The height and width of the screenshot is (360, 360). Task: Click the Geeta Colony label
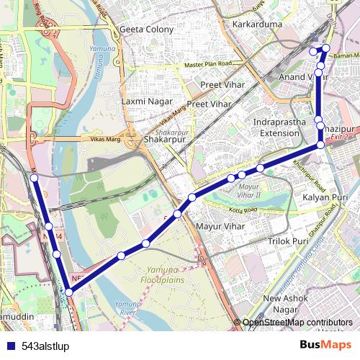point(147,30)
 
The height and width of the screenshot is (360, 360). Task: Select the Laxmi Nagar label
point(146,102)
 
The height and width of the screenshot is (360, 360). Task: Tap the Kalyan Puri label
point(325,197)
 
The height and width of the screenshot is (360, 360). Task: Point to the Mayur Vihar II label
point(249,191)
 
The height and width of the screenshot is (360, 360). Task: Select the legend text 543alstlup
point(45,346)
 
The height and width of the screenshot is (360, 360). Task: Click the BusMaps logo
point(325,345)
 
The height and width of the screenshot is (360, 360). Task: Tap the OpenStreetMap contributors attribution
point(297,323)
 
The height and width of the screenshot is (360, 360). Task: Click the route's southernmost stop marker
point(69,292)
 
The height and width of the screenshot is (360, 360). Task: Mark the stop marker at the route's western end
point(34,177)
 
